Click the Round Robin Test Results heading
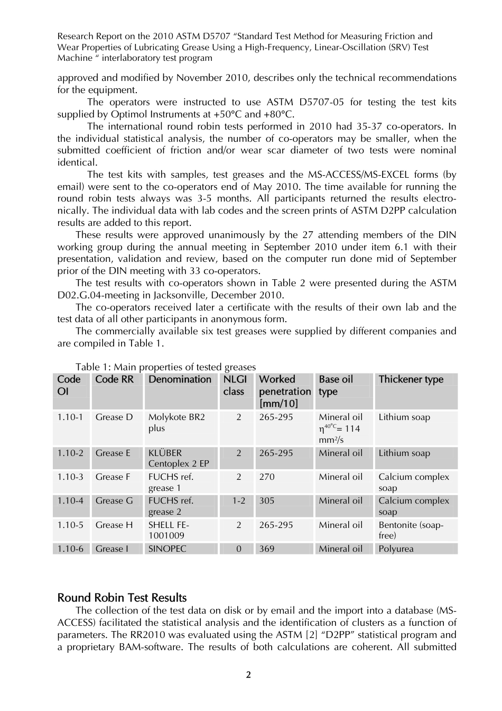coord(122,598)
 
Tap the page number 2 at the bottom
coord(248,674)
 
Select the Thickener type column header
coord(411,379)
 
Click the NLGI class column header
coord(235,386)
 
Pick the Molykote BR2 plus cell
coord(176,423)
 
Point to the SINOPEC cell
coord(167,549)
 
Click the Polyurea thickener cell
coord(396,549)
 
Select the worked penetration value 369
coord(267,549)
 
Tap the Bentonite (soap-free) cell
coord(411,530)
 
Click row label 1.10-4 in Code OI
coord(70,500)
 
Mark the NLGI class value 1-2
coord(239,500)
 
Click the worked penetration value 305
coord(267,500)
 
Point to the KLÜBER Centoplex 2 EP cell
coord(179,458)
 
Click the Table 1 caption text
coord(165,367)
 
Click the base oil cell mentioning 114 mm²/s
coord(340,428)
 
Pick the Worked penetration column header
coord(284,391)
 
